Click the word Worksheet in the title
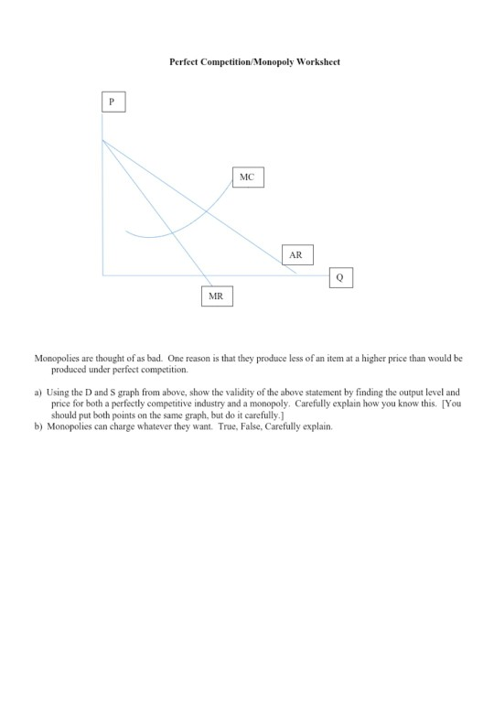tap(319, 61)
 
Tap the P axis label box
tap(112, 102)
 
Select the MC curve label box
tap(246, 177)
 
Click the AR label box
tap(295, 254)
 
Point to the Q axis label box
tap(339, 276)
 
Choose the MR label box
tap(216, 296)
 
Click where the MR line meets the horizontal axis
tap(213, 274)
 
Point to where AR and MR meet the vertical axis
tap(103, 140)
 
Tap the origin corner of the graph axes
tap(103, 274)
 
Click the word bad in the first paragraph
tap(153, 359)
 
